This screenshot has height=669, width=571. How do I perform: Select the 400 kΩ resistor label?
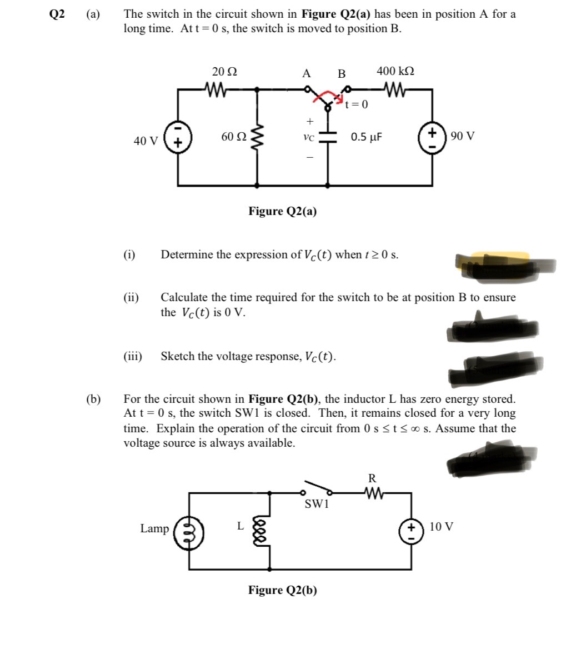tap(395, 71)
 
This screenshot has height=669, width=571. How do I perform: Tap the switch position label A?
tap(306, 73)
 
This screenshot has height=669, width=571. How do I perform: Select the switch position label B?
tap(342, 73)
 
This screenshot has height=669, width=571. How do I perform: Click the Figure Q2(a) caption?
tap(283, 211)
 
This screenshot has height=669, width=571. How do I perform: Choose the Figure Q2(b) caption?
tap(283, 590)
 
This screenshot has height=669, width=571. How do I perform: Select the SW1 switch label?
tap(317, 504)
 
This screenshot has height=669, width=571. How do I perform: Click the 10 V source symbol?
tap(412, 529)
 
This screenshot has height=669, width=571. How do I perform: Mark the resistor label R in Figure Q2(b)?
tap(372, 478)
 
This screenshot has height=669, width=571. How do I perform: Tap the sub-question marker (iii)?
tap(133, 356)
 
